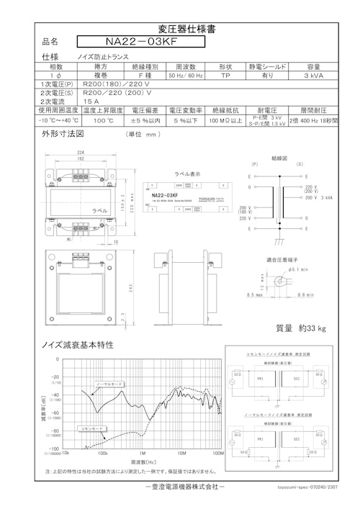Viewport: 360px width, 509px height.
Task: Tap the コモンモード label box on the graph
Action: [93, 428]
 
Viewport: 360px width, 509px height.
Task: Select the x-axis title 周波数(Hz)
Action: [143, 462]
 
